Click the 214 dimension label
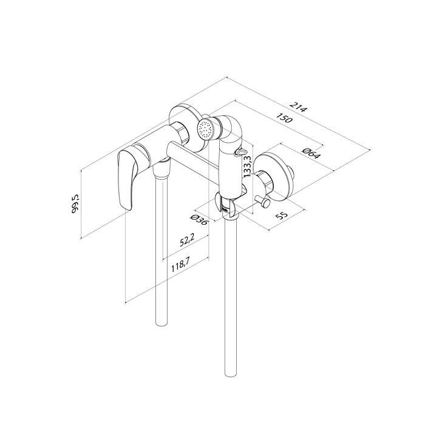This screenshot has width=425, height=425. tap(299, 107)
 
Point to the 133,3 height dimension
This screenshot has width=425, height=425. tap(248, 166)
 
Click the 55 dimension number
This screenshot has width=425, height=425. tap(281, 216)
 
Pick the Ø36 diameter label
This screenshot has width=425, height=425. tap(199, 220)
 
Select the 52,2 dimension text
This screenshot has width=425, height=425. tap(187, 240)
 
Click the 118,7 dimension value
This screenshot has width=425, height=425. tap(180, 265)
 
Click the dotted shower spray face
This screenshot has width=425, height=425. tap(205, 129)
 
